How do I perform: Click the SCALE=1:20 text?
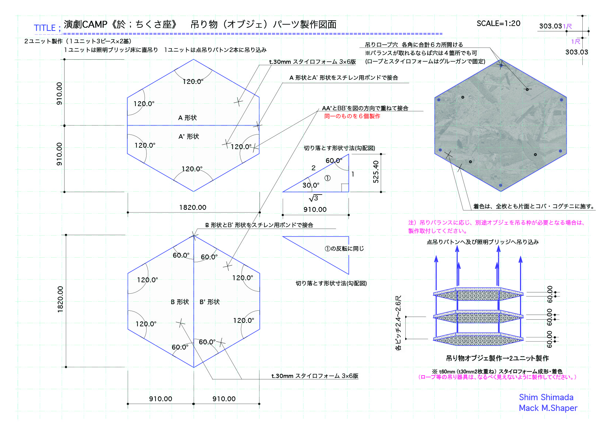click(x=498, y=23)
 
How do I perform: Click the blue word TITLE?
click(x=45, y=28)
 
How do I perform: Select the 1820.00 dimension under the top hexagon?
click(x=193, y=207)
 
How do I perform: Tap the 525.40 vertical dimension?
click(x=376, y=172)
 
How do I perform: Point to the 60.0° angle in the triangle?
click(x=334, y=161)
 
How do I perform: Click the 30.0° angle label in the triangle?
click(x=311, y=185)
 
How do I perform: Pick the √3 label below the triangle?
click(x=315, y=198)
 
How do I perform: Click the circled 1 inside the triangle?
click(x=327, y=178)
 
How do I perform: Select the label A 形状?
click(x=187, y=118)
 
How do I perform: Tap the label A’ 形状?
click(x=189, y=137)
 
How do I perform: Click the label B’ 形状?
click(x=210, y=302)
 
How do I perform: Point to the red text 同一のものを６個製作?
click(x=352, y=116)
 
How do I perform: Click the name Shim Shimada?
click(x=546, y=397)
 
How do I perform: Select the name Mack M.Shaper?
click(x=548, y=408)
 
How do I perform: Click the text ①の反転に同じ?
click(x=344, y=249)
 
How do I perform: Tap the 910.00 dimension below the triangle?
click(x=315, y=209)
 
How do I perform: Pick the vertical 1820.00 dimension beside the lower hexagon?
click(x=61, y=299)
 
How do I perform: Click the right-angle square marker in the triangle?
click(x=345, y=188)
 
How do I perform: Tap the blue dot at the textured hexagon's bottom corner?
click(x=500, y=185)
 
